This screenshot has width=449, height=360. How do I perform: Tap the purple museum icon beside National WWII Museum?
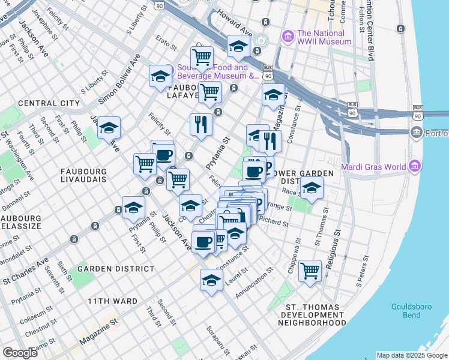tap(288, 36)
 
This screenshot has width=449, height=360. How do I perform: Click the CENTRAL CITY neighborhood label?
tap(49, 103)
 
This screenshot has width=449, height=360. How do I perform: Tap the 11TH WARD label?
tap(112, 301)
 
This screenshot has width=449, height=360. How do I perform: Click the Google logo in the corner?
tap(20, 353)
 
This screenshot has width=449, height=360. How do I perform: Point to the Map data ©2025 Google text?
tap(411, 355)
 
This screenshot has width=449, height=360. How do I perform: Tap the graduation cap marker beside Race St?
tap(312, 188)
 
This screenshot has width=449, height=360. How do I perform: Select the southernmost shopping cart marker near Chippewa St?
tap(310, 271)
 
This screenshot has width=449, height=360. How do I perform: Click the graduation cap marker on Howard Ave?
tap(238, 47)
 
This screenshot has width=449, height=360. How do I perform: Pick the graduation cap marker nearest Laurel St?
tap(211, 280)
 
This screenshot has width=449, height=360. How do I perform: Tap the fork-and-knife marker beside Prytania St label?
tap(201, 125)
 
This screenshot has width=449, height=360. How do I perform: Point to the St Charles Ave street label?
tap(25, 272)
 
